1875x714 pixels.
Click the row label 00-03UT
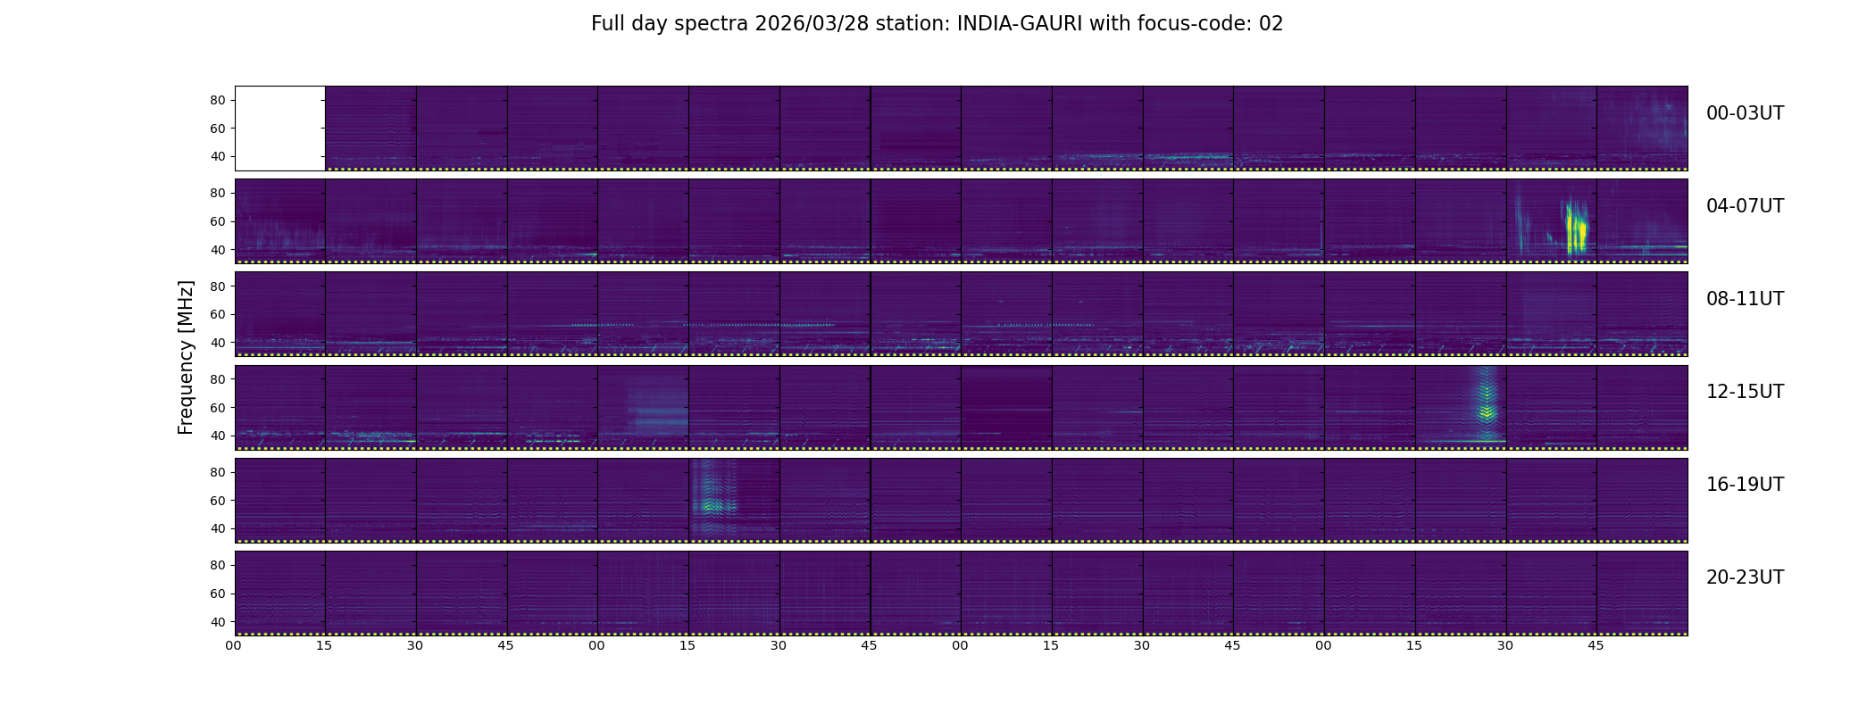(1745, 113)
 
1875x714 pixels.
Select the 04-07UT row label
(1745, 206)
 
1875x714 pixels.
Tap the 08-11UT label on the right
(1745, 299)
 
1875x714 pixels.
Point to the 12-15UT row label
(1745, 392)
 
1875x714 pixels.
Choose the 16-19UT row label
(1745, 485)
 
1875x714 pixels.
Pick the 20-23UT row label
(1745, 577)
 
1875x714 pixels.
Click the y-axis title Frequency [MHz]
(186, 358)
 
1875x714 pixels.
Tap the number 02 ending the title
(1271, 24)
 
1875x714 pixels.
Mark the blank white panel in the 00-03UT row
(279, 129)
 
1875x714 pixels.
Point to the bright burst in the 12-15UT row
(1487, 405)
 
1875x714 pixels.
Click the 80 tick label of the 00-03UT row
(218, 100)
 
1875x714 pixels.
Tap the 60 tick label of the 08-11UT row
(218, 314)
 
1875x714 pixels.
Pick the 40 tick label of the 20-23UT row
(218, 621)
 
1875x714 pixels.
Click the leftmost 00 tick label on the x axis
(234, 645)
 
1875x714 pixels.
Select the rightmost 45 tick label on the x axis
(1596, 645)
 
